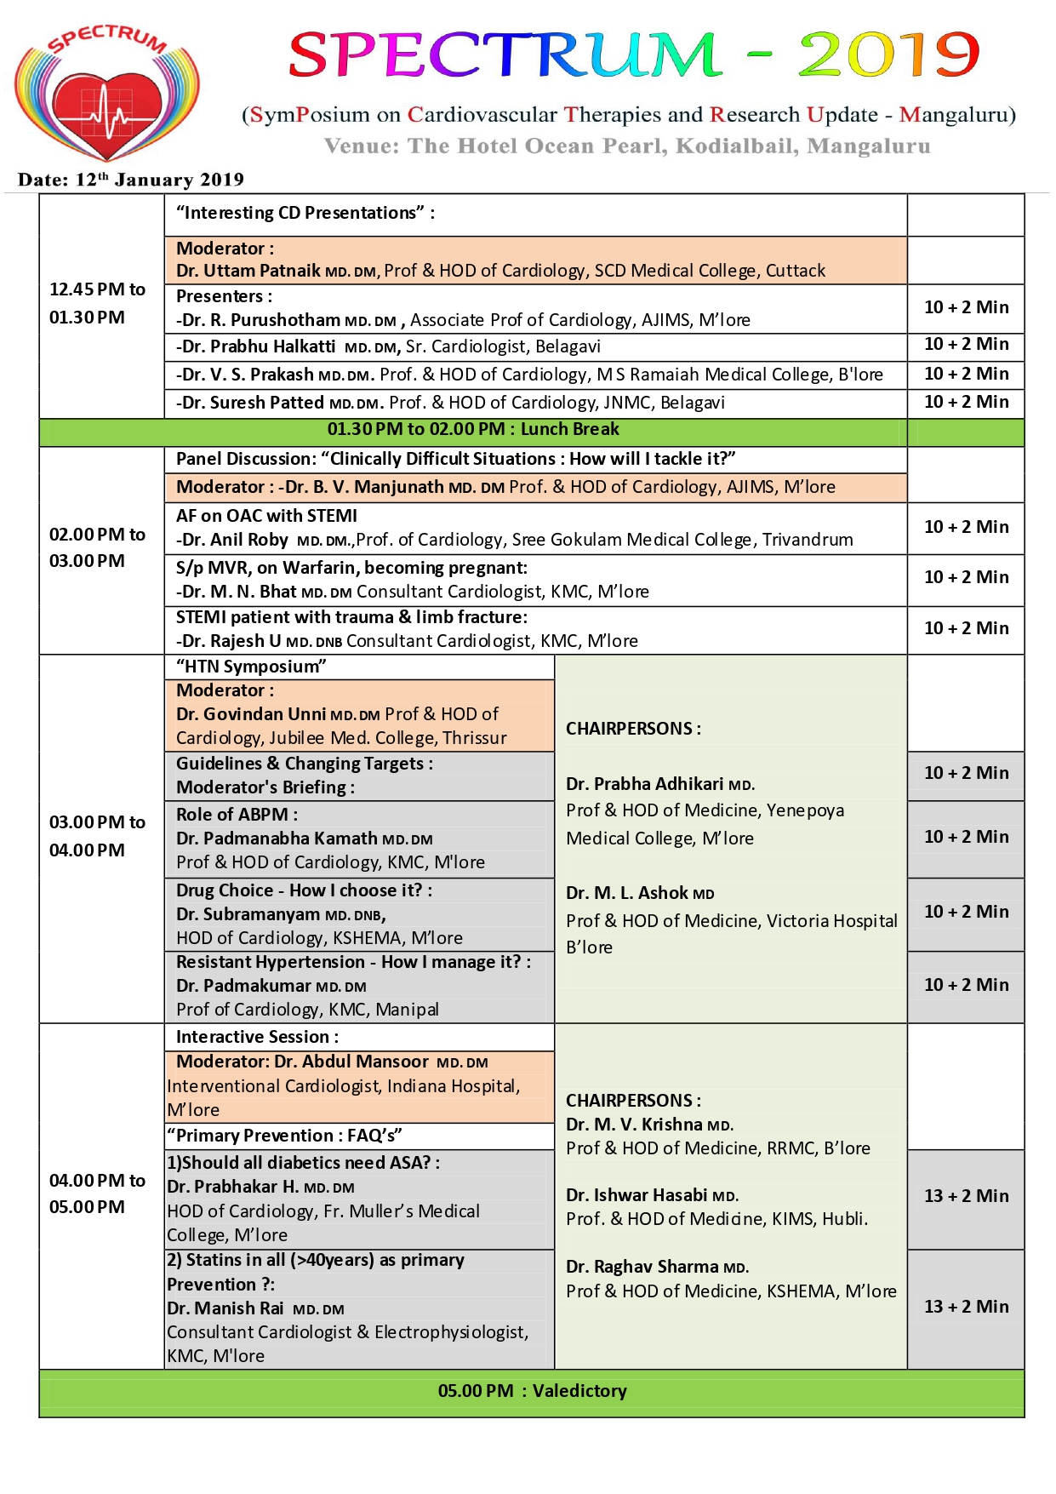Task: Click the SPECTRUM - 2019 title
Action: [633, 54]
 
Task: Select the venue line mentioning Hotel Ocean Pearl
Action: [627, 146]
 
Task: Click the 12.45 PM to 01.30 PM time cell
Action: [97, 303]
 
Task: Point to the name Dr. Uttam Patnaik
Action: [248, 271]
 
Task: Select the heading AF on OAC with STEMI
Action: [266, 516]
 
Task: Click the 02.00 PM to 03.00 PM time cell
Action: [97, 547]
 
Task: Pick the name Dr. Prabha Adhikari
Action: [644, 784]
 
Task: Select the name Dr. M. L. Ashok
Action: [626, 893]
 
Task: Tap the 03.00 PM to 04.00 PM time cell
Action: [97, 836]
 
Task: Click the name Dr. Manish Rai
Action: [225, 1308]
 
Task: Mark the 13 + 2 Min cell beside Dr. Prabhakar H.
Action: [966, 1196]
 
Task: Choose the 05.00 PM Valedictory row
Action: [532, 1391]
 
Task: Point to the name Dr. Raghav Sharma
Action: [642, 1267]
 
